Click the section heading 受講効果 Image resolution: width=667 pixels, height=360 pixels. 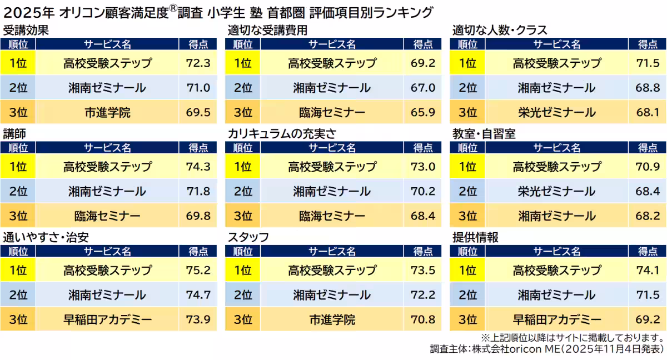point(26,30)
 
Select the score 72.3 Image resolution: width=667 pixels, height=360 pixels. point(198,63)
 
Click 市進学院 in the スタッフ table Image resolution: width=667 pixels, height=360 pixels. point(332,319)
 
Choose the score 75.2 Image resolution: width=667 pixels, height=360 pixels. point(198,271)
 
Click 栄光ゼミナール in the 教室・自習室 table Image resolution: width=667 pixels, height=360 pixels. point(556,192)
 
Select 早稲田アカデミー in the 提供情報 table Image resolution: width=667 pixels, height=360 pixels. point(556,319)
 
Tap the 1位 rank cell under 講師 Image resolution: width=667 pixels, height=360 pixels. point(18,167)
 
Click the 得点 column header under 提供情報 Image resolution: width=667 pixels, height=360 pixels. point(648,252)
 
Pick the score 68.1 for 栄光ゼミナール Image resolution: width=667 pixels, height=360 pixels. point(648,113)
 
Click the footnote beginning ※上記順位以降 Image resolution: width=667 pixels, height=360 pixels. point(572,337)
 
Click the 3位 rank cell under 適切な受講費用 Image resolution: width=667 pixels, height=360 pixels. point(243,113)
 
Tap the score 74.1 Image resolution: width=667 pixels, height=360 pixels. point(648,271)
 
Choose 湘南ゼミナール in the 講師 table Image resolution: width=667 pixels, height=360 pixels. point(107,192)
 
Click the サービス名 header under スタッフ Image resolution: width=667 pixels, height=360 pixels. point(332,252)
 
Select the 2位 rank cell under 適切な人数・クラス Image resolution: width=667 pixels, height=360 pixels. point(467,88)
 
